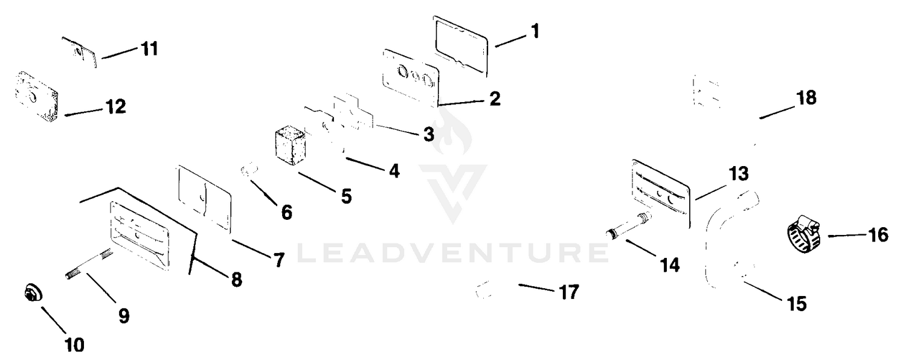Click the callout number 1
pos(535,31)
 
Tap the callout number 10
pos(74,345)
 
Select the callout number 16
pos(878,235)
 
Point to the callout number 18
pos(806,98)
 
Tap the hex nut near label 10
pos(33,293)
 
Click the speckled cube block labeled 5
pos(290,147)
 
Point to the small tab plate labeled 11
pos(80,53)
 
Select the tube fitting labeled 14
pos(629,227)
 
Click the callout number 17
pos(569,292)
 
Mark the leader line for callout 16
pos(847,236)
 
